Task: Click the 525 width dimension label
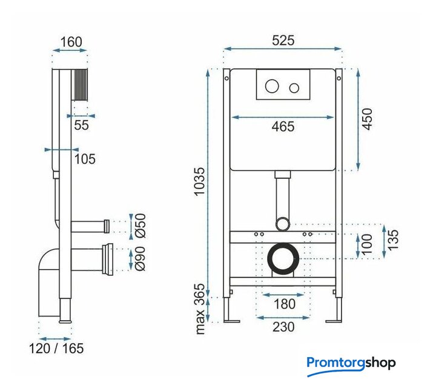point(283,41)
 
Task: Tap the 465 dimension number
point(283,127)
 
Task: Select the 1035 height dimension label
point(200,181)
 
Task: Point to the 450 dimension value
point(367,119)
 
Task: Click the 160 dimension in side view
point(71,42)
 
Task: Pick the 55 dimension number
point(82,125)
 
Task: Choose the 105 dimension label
point(85,159)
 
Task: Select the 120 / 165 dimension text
point(56,349)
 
